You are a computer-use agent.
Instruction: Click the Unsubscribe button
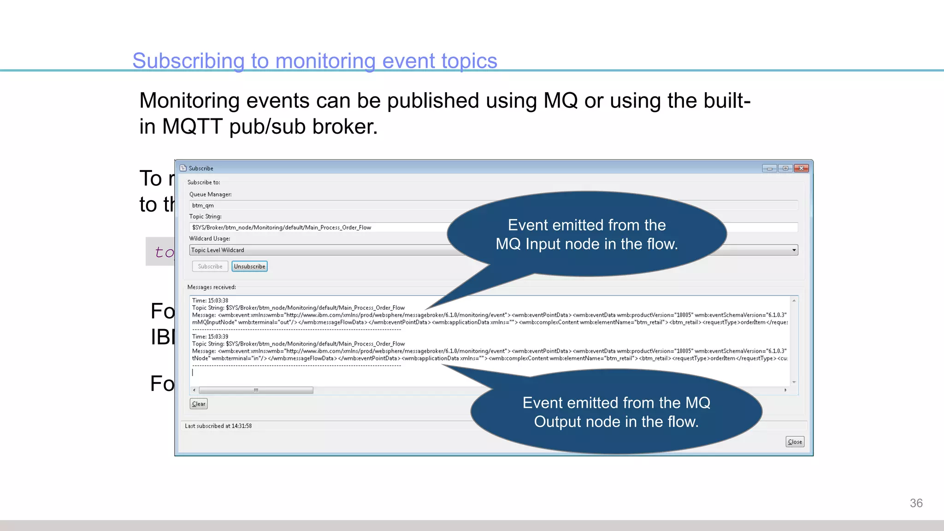(249, 266)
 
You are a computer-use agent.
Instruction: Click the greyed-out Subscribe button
(210, 266)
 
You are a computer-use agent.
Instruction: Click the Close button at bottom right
(795, 442)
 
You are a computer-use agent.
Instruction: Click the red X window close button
(802, 168)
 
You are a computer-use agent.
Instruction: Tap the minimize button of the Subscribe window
(769, 168)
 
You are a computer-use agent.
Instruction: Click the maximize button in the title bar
(785, 168)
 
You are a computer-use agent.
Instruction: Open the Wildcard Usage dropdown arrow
(794, 250)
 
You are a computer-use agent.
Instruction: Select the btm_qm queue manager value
(203, 206)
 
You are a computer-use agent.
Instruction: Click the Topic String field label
(205, 217)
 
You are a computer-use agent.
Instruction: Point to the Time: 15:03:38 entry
(210, 301)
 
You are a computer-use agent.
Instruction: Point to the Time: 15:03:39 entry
(210, 336)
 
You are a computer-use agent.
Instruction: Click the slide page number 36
(916, 503)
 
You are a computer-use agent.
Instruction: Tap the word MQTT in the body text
(192, 126)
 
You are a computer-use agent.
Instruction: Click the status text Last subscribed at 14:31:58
(218, 426)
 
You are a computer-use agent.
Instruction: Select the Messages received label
(212, 287)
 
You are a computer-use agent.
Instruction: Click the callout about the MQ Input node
(586, 235)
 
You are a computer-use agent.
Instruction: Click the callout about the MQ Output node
(616, 412)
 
